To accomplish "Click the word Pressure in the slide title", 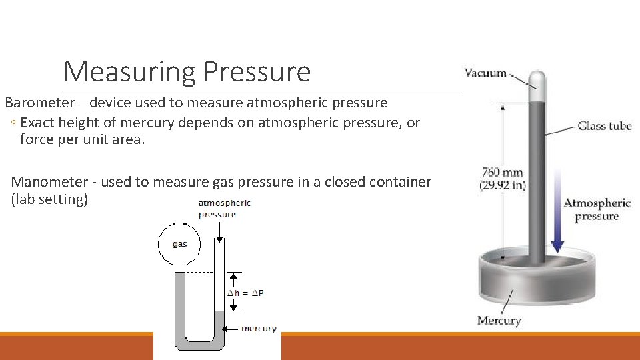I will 257,72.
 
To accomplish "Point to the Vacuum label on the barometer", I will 485,73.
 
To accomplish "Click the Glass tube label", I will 604,125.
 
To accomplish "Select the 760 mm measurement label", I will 502,173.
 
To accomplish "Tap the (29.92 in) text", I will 503,185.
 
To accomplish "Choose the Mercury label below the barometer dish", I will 499,321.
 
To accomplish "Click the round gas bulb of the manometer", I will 179,244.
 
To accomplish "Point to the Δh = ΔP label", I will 246,293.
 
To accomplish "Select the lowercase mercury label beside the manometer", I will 259,328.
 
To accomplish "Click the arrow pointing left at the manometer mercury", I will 231,329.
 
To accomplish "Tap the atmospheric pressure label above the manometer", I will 224,209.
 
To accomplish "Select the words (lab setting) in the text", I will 49,199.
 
